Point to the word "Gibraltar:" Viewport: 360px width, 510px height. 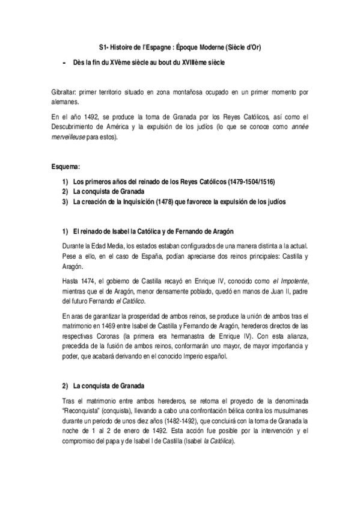pyautogui.click(x=64, y=93)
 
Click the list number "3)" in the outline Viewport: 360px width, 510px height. pyautogui.click(x=64, y=201)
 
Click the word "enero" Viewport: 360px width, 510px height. pyautogui.click(x=127, y=431)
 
